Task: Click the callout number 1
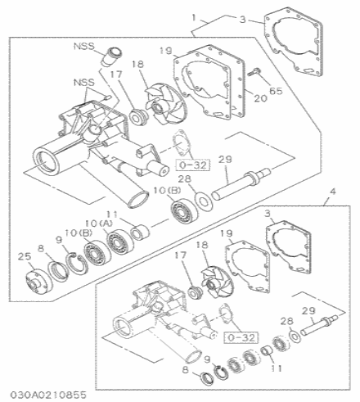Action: tap(193, 16)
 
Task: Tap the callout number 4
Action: tap(332, 193)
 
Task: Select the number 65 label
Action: tap(275, 92)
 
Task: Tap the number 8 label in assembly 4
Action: tap(185, 371)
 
